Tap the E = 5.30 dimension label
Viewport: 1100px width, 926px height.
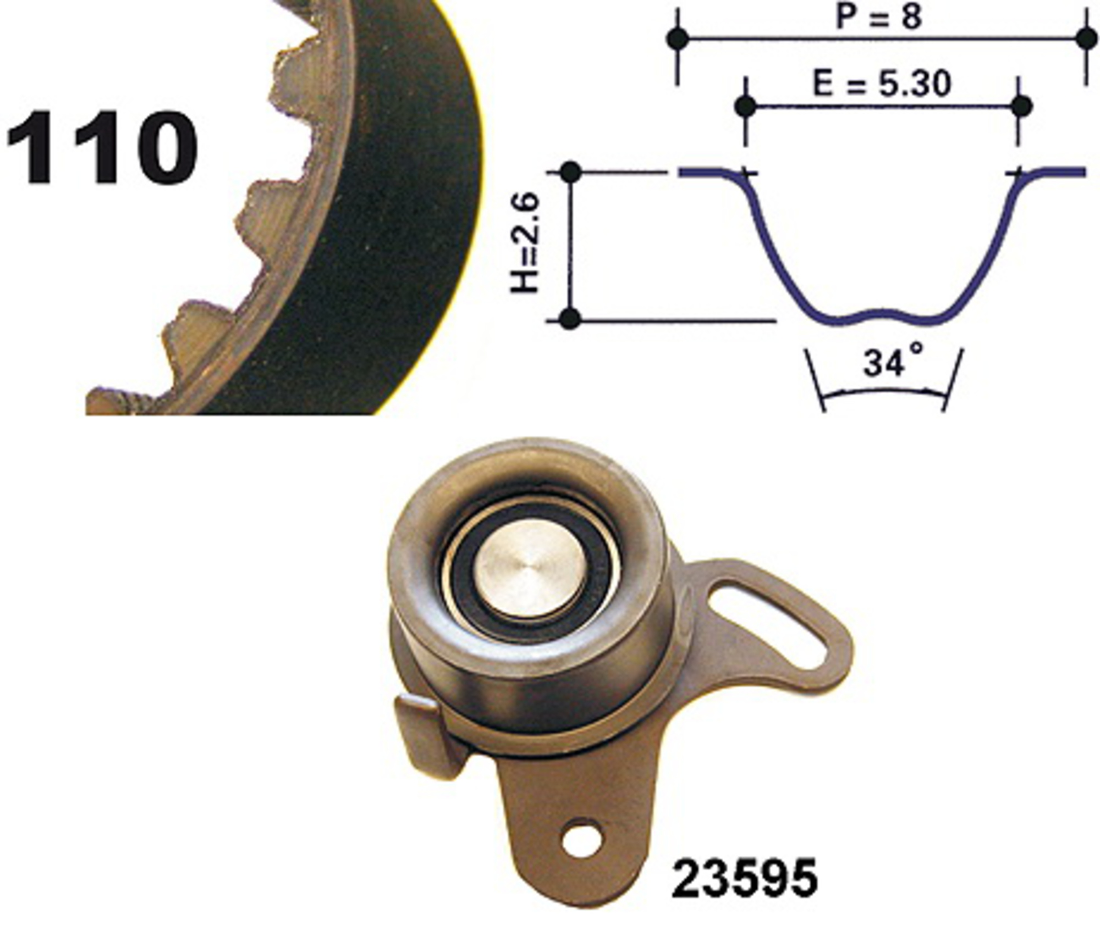coord(882,84)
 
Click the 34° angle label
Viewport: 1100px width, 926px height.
coord(892,360)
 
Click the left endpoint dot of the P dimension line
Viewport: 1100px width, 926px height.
coord(678,38)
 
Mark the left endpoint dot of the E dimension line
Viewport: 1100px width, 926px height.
coord(745,106)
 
